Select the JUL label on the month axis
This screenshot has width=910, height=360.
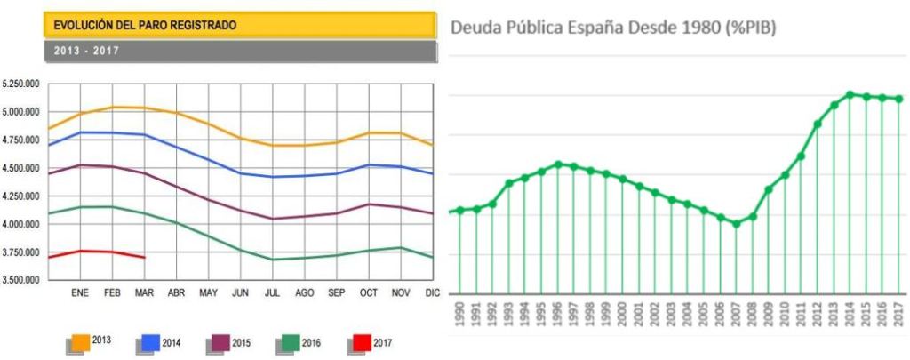click(x=274, y=292)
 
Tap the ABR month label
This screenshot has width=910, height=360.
click(x=176, y=292)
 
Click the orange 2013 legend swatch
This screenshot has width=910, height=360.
click(x=79, y=341)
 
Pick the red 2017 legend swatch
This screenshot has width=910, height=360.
click(x=362, y=341)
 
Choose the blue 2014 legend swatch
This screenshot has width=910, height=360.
click(x=150, y=341)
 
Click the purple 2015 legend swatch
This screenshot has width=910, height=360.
click(x=220, y=341)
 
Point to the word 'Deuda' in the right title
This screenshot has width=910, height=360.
click(x=478, y=28)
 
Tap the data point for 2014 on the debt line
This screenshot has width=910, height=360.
click(x=850, y=94)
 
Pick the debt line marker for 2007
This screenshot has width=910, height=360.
click(x=736, y=224)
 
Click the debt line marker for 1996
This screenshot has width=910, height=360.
click(x=557, y=164)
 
